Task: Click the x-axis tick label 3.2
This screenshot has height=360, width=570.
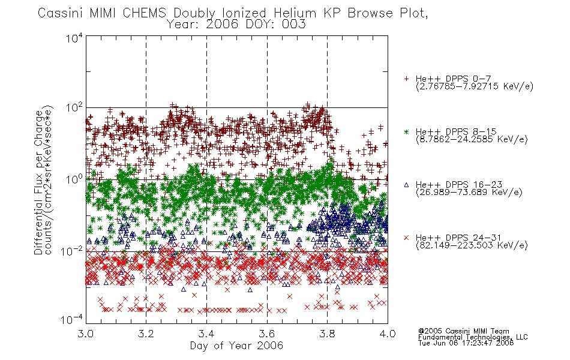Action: click(146, 334)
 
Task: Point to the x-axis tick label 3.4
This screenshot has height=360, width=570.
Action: click(206, 334)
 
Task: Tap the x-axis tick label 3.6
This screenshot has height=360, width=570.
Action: click(267, 334)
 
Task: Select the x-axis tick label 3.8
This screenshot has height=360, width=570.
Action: click(327, 334)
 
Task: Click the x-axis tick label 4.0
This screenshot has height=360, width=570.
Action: click(388, 334)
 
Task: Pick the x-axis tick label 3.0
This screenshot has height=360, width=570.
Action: click(86, 334)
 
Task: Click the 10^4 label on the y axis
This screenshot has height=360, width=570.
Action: click(74, 38)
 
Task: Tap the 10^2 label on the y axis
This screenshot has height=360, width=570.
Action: click(74, 108)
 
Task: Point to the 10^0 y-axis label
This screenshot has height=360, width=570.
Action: click(74, 179)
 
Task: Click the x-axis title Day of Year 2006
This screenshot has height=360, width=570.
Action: click(236, 346)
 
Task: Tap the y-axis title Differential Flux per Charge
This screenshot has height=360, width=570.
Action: click(38, 182)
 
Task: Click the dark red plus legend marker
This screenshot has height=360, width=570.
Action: click(406, 79)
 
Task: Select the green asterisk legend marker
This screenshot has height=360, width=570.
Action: click(406, 131)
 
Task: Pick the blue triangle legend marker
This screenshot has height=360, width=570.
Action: click(406, 185)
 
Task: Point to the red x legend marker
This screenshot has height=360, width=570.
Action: click(406, 238)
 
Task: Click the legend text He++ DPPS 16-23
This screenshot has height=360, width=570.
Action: click(459, 184)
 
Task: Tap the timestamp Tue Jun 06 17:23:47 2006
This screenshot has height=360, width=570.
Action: click(466, 343)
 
